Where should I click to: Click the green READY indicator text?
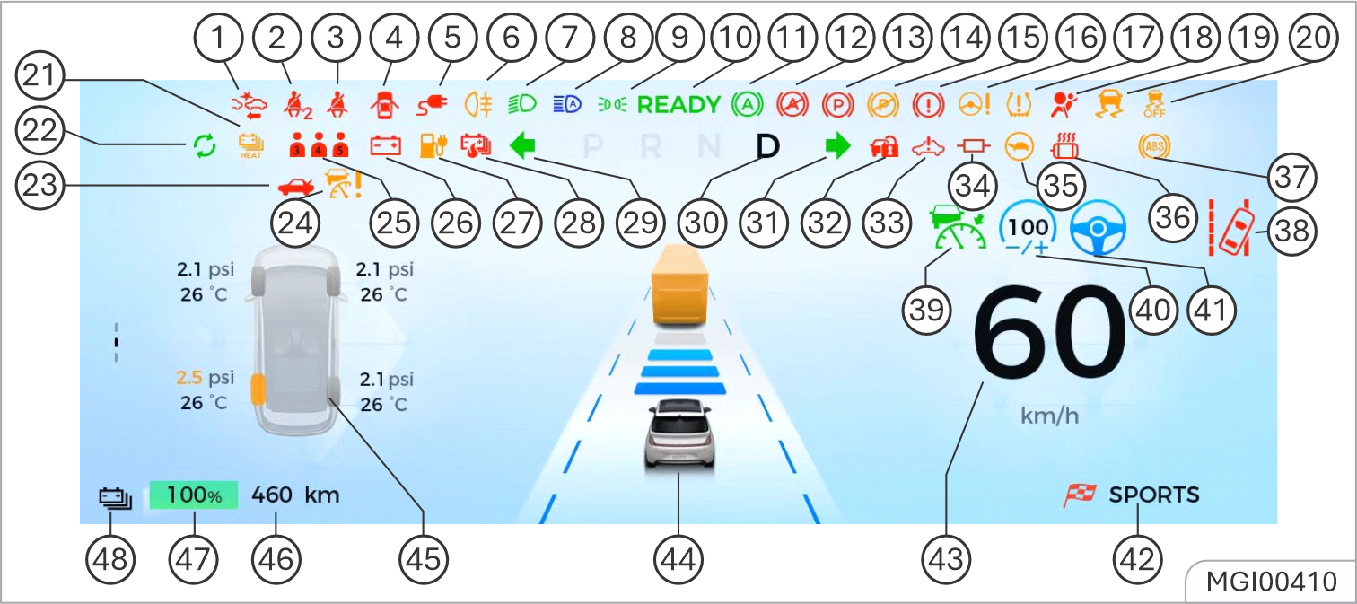678,105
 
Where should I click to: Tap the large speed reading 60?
1048,337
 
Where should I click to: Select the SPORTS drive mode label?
1153,495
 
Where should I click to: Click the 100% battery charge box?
194,495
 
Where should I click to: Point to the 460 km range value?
295,495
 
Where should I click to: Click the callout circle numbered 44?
678,560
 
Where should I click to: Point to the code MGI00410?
1271,582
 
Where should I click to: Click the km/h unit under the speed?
1049,416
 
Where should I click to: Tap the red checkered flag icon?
1081,495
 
